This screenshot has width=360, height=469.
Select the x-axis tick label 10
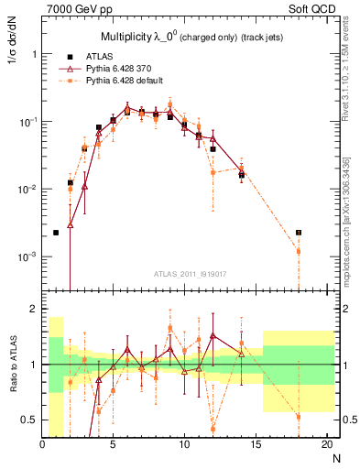click(184, 446)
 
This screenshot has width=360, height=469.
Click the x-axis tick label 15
click(255, 446)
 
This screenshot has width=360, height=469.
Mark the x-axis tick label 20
click(325, 446)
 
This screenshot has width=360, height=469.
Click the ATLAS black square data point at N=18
click(298, 233)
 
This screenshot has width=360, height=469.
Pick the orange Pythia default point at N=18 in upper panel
click(298, 250)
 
